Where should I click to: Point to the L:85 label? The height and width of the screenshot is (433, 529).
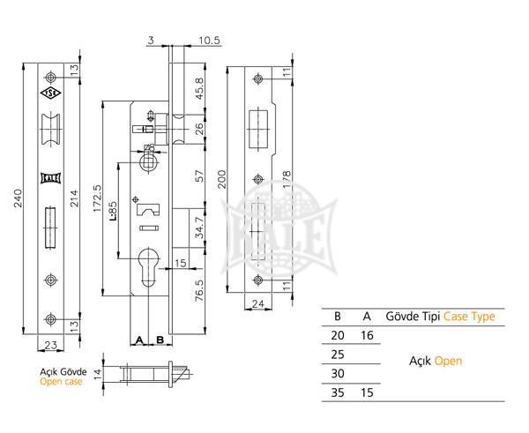click(113, 213)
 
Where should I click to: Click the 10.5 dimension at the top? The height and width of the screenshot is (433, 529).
click(209, 39)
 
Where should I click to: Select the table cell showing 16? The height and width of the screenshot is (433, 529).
click(366, 335)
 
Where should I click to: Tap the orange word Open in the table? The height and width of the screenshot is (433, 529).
click(448, 362)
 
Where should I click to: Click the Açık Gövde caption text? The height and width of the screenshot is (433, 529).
click(63, 371)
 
